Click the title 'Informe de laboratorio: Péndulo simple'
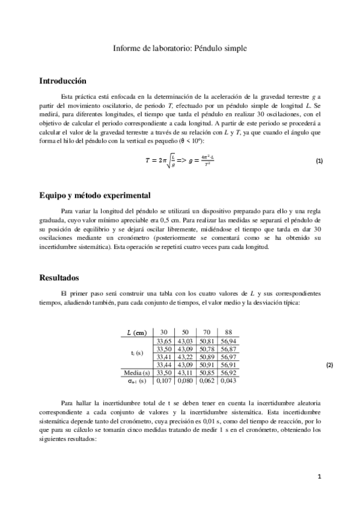180,48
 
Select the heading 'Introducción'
63,81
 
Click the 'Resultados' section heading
59,278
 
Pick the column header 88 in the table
228,333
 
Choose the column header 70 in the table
206,333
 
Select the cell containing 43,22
185,357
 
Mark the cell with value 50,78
206,349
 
